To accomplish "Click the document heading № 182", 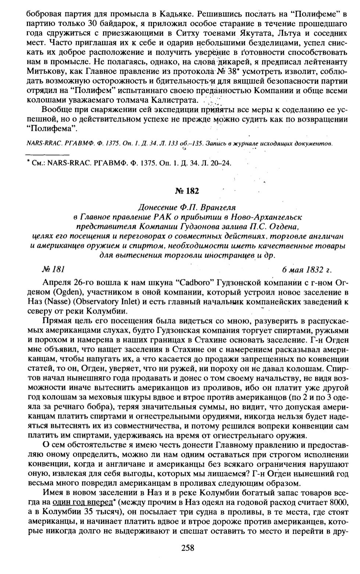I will click(x=187, y=191).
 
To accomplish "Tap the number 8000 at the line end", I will click(x=339, y=502).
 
